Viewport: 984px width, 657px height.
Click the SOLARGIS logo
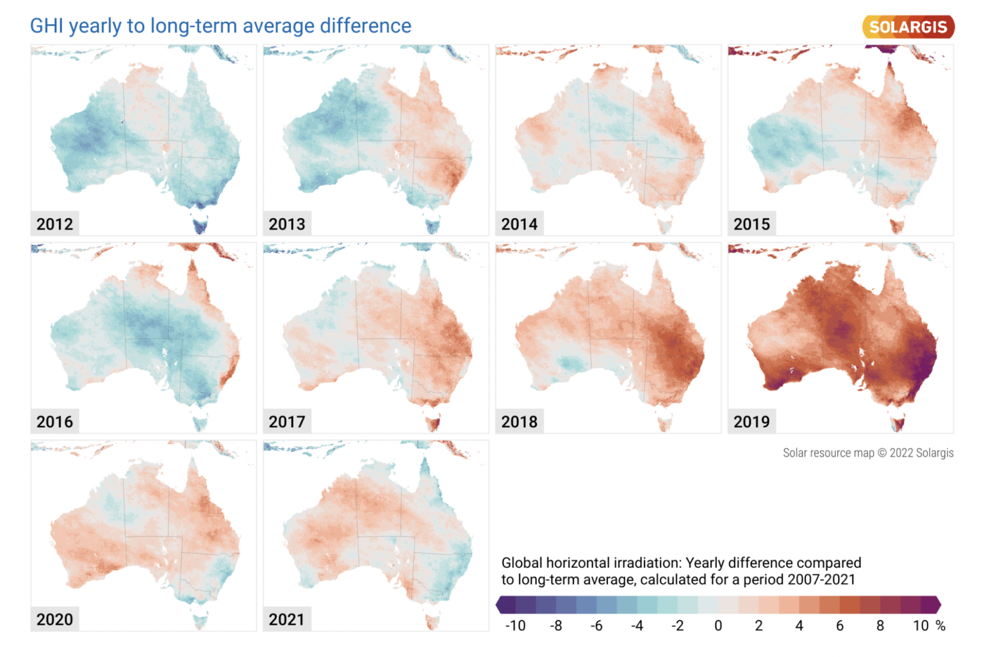pyautogui.click(x=908, y=27)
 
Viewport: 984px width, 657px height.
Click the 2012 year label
pyautogui.click(x=54, y=224)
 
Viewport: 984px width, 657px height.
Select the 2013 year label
pyautogui.click(x=287, y=224)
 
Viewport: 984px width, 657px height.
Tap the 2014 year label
pyautogui.click(x=519, y=224)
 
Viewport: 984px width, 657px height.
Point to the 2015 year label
pyautogui.click(x=751, y=224)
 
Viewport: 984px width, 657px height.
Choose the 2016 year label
pyautogui.click(x=54, y=421)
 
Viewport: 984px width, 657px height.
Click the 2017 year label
pyautogui.click(x=287, y=421)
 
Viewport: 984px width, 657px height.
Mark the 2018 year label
pyautogui.click(x=519, y=421)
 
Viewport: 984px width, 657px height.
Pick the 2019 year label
pyautogui.click(x=751, y=421)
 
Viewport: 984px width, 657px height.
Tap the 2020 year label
pyautogui.click(x=54, y=619)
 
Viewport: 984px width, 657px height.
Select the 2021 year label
pyautogui.click(x=287, y=619)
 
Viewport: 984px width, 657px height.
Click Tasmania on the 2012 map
pyautogui.click(x=201, y=225)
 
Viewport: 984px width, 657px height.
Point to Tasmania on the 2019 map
pyautogui.click(x=897, y=423)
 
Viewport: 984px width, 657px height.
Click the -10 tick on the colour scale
pyautogui.click(x=515, y=626)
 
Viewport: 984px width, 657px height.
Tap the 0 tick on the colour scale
pyautogui.click(x=718, y=626)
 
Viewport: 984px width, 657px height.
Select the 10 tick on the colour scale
pyautogui.click(x=921, y=626)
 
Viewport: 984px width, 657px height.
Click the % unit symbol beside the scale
pyautogui.click(x=940, y=626)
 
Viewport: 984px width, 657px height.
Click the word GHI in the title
pyautogui.click(x=46, y=26)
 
